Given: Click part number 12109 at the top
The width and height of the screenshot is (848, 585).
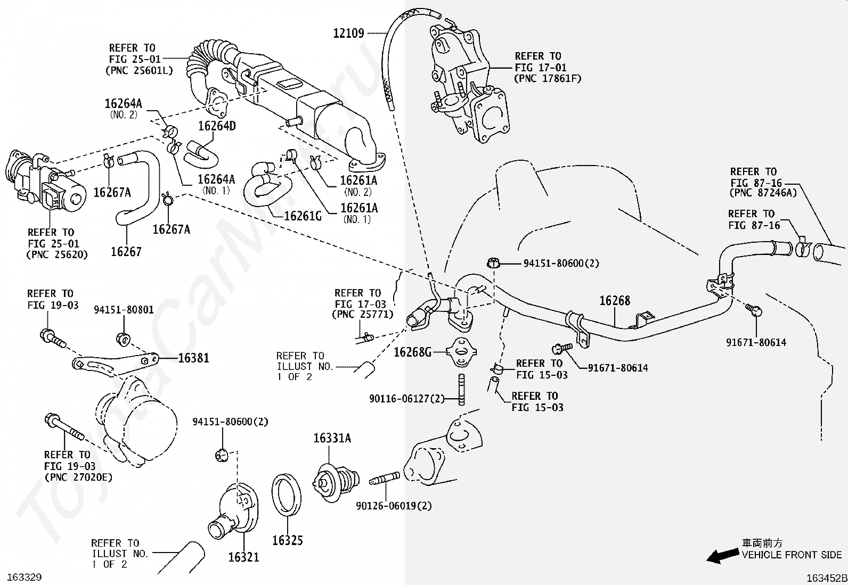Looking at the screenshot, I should click(x=348, y=34).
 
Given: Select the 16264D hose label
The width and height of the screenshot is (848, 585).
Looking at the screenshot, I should click(x=217, y=126).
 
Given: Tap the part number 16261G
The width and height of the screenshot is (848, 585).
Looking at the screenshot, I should click(x=303, y=216).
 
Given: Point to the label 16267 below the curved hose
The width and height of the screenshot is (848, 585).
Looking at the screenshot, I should click(x=126, y=251).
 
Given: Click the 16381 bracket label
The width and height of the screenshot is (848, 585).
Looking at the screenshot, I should click(x=193, y=358).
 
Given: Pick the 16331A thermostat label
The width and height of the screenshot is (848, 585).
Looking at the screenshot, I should click(x=332, y=438).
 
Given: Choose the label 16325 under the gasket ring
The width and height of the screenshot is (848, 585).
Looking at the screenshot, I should click(x=288, y=541).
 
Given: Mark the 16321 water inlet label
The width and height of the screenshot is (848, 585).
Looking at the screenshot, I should click(x=243, y=557).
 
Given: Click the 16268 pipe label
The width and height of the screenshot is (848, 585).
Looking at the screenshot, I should click(x=615, y=301).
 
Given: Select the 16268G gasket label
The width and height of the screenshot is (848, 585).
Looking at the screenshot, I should click(x=412, y=352).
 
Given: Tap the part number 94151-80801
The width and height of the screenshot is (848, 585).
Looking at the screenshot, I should click(x=124, y=310).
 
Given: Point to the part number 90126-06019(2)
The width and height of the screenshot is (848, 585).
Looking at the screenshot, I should click(x=394, y=506).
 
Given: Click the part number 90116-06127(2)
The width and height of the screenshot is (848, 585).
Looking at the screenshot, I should click(x=407, y=398).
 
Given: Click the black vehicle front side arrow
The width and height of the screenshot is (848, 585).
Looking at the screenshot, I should click(x=721, y=556).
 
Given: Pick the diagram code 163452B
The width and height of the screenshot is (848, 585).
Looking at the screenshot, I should click(x=826, y=578).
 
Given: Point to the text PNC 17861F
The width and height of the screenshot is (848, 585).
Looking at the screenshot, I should click(x=548, y=79).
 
